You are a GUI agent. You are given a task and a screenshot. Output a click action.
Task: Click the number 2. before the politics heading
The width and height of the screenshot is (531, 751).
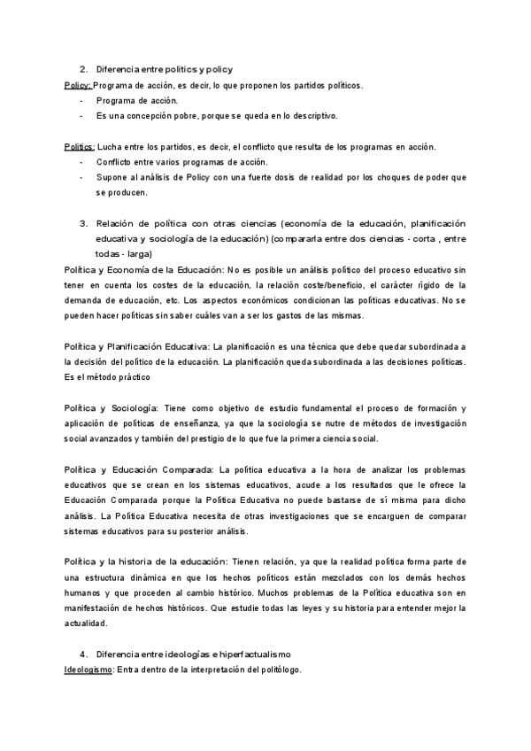83,69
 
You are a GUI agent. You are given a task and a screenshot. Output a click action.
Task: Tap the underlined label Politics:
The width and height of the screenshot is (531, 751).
81,146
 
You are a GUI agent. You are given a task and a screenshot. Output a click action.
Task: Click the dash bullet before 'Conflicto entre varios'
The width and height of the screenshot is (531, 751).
81,162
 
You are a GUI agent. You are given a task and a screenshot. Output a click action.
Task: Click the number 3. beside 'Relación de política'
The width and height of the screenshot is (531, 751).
83,223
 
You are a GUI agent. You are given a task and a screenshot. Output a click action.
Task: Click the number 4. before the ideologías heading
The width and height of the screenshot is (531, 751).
83,654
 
